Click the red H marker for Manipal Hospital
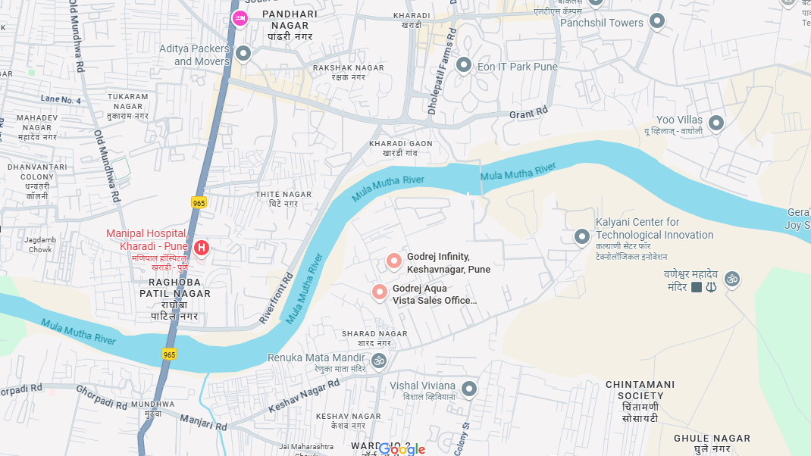[x=201, y=248]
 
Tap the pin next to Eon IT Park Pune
[x=463, y=65]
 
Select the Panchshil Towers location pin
[x=657, y=21]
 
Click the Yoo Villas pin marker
[x=715, y=122]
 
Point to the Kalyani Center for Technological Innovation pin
[x=581, y=237]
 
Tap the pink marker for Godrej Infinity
[x=393, y=261]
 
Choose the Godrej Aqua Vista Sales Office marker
[x=379, y=292]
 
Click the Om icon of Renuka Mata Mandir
[x=379, y=361]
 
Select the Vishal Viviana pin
[x=469, y=389]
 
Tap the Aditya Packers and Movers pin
[x=243, y=53]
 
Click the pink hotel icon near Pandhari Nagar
[x=240, y=17]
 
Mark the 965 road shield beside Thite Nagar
[x=199, y=203]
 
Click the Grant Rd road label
[x=528, y=113]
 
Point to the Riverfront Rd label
[x=277, y=298]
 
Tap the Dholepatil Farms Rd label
[x=442, y=72]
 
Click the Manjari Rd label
[x=203, y=423]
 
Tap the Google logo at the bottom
[x=402, y=449]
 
